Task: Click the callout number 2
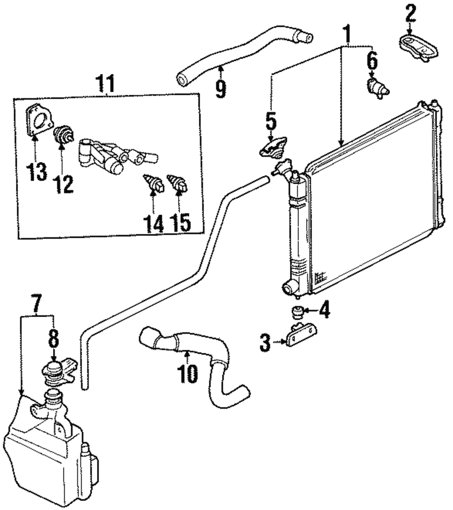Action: click(410, 14)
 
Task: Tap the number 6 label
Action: click(371, 60)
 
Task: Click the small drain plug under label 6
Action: click(376, 88)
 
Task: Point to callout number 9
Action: click(221, 88)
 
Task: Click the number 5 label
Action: click(270, 122)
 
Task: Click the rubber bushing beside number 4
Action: click(297, 313)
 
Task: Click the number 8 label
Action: click(53, 337)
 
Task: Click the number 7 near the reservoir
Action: click(38, 302)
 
